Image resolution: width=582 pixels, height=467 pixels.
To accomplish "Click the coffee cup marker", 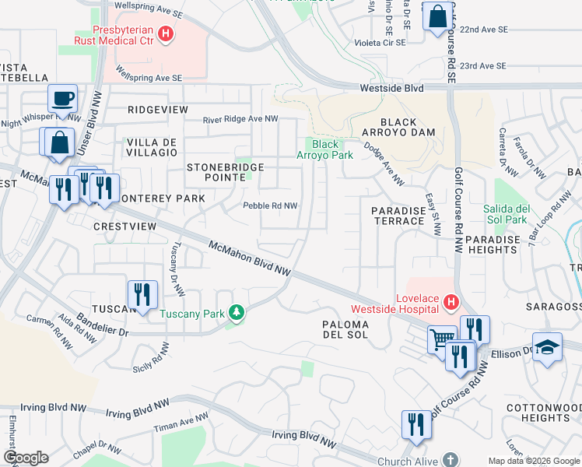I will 61,100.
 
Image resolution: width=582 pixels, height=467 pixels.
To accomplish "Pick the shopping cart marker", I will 442,339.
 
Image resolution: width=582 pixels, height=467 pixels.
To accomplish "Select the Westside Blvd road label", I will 391,89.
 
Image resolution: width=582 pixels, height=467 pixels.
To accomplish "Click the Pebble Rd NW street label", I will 270,205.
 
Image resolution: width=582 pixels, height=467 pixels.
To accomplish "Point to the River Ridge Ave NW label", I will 240,119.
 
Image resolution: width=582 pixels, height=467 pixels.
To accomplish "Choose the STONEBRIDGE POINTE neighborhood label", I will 225,173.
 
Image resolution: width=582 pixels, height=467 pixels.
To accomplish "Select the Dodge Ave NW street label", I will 384,167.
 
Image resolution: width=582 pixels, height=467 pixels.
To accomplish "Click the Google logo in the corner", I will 25,458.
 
